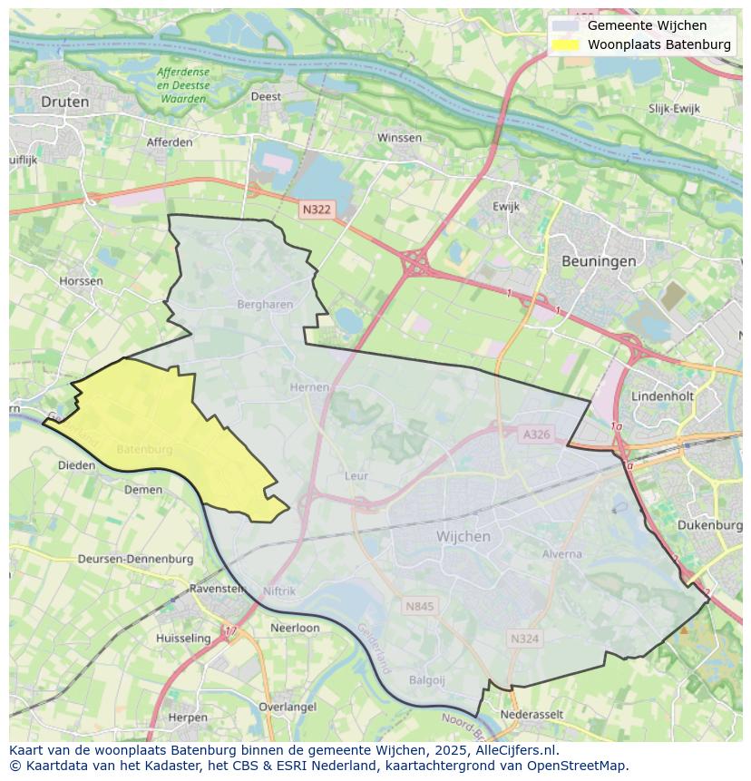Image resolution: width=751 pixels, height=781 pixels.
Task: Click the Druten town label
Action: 65,102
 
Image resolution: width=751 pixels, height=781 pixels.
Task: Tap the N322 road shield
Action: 317,210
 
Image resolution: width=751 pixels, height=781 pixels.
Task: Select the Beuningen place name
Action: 598,260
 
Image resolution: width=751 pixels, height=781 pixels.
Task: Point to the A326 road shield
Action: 536,434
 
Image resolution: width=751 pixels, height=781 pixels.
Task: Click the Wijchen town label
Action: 463,536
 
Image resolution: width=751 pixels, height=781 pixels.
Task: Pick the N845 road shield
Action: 420,606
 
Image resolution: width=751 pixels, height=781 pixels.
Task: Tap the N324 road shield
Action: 524,639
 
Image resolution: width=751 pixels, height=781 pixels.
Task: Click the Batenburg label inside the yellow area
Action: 144,449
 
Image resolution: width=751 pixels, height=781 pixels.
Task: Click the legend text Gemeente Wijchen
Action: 647,25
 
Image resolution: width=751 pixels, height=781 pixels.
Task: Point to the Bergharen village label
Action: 265,305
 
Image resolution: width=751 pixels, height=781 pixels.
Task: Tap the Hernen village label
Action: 309,387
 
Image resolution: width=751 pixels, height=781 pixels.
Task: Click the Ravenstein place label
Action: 217,589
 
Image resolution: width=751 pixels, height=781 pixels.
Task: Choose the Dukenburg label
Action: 709,525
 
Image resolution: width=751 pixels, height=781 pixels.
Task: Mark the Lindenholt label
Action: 662,397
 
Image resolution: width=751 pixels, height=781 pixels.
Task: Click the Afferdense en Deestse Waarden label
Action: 182,85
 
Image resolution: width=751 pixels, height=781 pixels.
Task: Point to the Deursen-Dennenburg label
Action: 135,559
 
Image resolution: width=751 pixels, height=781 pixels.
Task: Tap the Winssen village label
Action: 399,138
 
